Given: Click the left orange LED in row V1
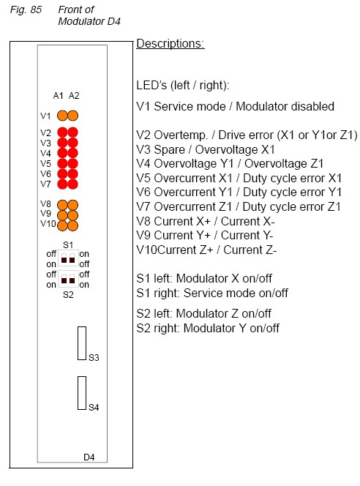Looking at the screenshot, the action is (x=62, y=116).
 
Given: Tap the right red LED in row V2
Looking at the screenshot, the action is (x=73, y=132).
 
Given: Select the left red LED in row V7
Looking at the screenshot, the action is (x=62, y=184).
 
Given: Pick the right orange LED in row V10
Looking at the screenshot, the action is (x=73, y=225).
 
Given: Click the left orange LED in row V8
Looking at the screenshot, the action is (x=62, y=205).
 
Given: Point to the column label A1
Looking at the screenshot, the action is (x=58, y=95).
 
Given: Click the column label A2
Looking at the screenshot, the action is (x=74, y=95).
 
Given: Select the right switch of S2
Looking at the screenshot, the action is (x=72, y=279).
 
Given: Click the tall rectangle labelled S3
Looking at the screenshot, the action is (x=82, y=343).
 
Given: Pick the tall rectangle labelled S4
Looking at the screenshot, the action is (x=82, y=393).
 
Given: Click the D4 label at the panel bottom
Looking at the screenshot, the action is (x=89, y=457).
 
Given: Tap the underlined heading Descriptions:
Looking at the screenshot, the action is (x=170, y=44).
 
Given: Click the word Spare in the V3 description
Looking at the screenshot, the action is (x=170, y=150).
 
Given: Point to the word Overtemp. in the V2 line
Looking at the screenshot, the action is (x=181, y=135).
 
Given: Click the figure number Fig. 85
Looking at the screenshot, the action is (x=26, y=10).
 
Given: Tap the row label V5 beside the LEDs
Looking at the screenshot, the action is (x=45, y=163).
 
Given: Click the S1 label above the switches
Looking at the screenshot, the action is (x=68, y=245).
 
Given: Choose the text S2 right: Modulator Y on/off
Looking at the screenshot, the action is (x=208, y=328).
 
